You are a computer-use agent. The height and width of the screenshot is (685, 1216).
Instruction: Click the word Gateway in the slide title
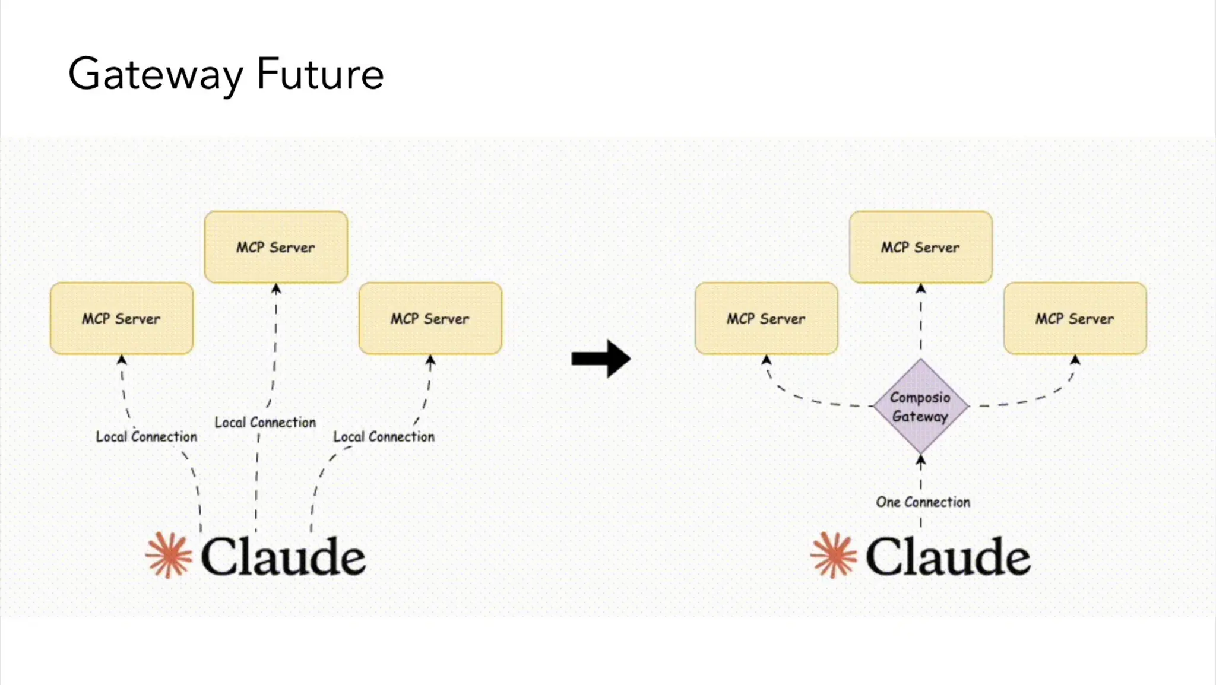tap(156, 75)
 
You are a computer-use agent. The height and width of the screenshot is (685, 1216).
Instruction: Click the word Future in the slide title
tap(320, 75)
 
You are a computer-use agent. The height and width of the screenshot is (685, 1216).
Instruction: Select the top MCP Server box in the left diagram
tap(275, 247)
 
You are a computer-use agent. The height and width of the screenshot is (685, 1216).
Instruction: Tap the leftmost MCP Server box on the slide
tap(122, 318)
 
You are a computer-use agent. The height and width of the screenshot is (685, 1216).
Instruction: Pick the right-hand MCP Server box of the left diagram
tap(430, 318)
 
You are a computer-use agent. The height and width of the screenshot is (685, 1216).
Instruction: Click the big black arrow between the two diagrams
tap(601, 359)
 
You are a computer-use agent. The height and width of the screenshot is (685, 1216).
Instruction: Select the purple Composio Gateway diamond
tap(920, 407)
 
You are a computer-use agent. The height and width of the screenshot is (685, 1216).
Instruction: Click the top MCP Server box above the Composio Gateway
tap(920, 247)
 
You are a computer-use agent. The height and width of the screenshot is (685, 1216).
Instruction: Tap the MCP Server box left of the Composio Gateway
tap(766, 318)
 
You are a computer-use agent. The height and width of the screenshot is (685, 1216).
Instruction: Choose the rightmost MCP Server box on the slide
tap(1075, 318)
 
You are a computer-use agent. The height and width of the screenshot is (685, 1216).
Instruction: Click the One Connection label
tap(923, 502)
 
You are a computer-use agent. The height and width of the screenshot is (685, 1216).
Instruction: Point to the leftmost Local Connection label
tap(146, 437)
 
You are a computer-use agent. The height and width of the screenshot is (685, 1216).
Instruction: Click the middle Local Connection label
tap(265, 423)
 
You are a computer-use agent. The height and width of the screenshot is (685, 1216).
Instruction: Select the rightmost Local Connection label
tap(384, 437)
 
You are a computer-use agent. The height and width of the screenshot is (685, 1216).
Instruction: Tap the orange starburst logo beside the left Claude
tap(169, 555)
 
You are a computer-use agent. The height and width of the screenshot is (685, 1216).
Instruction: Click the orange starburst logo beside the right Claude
tap(834, 555)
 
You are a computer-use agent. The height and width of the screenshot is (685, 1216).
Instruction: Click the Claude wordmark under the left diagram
tap(283, 557)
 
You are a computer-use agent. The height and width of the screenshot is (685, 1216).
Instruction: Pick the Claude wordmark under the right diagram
tap(948, 557)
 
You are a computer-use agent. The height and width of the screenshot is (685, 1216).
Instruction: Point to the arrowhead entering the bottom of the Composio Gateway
tap(920, 459)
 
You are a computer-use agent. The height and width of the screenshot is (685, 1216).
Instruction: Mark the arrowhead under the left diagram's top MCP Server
tap(276, 289)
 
